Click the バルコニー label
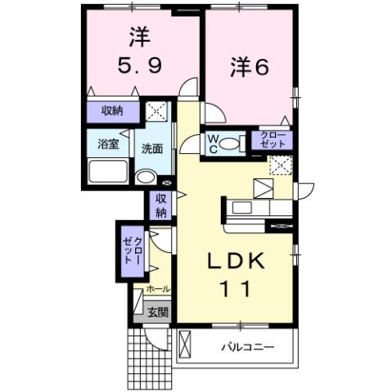246,348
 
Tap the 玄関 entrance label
158,312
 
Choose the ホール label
156,290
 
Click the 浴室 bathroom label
109,146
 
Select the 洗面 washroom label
151,149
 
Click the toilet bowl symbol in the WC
232,145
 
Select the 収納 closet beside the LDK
160,205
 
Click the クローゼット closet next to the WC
272,139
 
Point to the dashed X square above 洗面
155,110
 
